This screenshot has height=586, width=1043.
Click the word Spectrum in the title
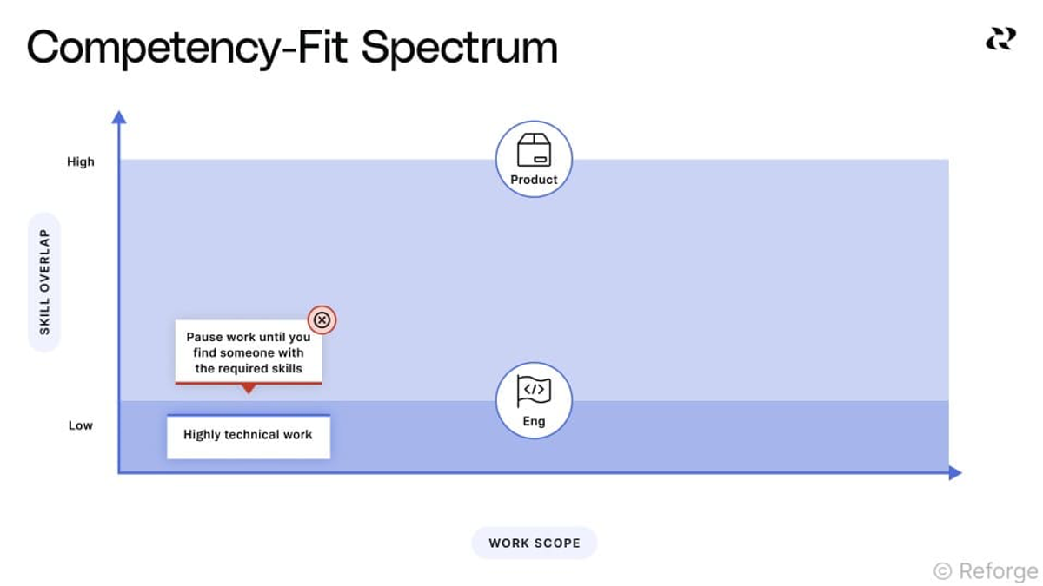pos(459,49)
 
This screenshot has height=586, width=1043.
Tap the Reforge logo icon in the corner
pos(1000,38)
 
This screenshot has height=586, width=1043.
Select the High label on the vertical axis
pos(81,161)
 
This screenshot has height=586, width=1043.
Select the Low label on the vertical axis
pos(81,425)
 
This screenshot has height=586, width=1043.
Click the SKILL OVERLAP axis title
pos(44,282)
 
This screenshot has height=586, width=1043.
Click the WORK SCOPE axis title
pos(535,543)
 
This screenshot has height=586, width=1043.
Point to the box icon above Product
pos(534,149)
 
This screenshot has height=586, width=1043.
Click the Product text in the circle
pos(534,180)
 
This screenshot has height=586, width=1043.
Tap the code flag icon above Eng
pos(534,391)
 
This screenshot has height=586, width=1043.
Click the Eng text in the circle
pos(534,421)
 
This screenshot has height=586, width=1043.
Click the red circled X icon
pos(322,320)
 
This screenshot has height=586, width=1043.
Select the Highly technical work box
pos(249,436)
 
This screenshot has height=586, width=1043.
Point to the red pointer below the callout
pos(249,388)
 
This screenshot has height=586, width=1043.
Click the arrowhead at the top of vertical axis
pos(119,117)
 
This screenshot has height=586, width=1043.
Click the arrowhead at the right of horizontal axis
pos(955,472)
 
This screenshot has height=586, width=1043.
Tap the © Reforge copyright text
pos(987,571)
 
